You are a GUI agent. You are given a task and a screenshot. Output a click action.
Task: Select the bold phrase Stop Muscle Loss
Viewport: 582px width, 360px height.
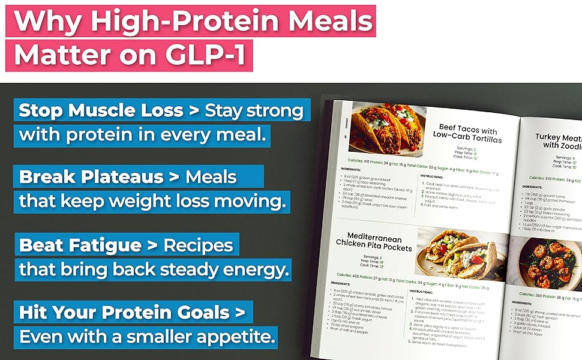pyautogui.click(x=100, y=111)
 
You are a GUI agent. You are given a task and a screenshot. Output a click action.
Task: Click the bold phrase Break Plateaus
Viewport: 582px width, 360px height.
pyautogui.click(x=91, y=178)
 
